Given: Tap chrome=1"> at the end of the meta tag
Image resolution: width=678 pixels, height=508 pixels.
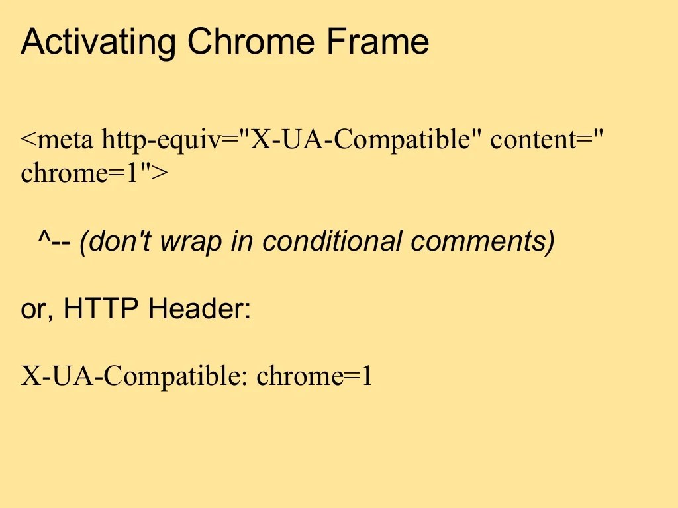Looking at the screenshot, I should (x=94, y=173).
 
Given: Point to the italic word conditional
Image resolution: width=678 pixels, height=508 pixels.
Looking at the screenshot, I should (x=332, y=242).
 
